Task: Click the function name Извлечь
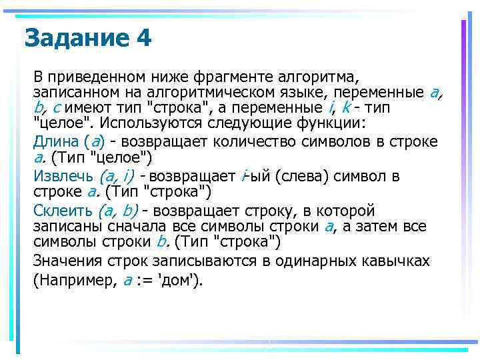pyautogui.click(x=63, y=176)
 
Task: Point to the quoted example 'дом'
pyautogui.click(x=181, y=280)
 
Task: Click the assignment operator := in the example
pyautogui.click(x=149, y=280)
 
